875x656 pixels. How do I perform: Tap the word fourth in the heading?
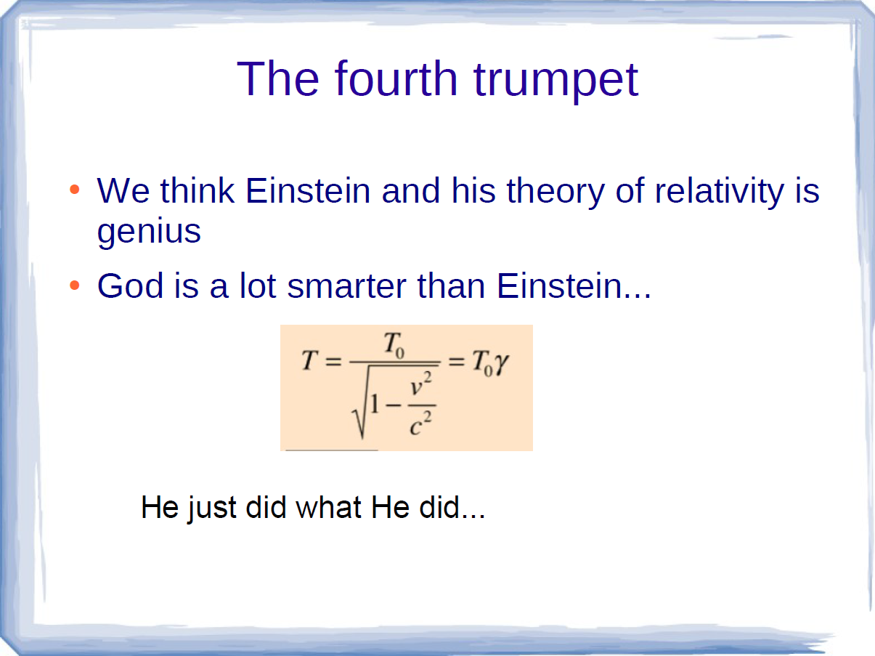pos(396,78)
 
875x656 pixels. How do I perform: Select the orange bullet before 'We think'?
pos(75,189)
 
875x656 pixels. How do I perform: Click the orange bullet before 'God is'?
pos(75,285)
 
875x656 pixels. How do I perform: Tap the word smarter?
pos(347,286)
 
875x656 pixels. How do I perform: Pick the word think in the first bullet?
pos(198,190)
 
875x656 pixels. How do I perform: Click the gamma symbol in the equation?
pos(501,364)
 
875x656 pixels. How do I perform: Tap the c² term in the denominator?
pos(420,424)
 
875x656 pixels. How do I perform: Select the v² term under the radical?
pos(421,383)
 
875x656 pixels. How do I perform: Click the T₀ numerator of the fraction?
pos(394,345)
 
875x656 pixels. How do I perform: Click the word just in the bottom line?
pos(212,509)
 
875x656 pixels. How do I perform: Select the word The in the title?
pos(278,78)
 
